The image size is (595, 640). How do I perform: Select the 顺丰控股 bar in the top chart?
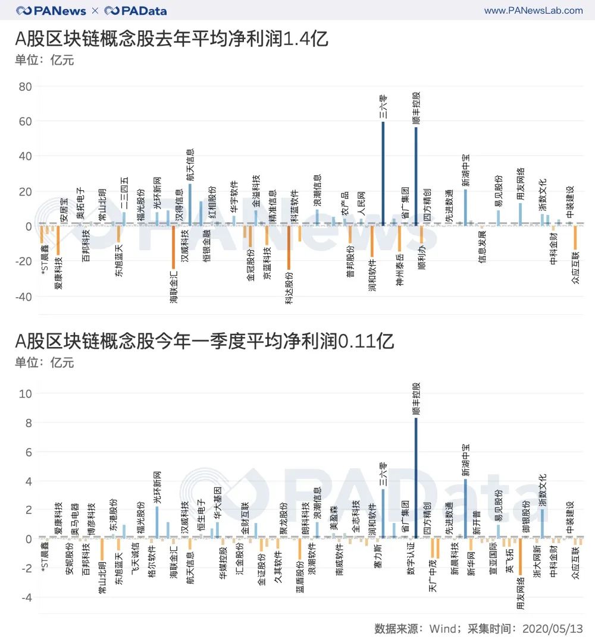(x=416, y=176)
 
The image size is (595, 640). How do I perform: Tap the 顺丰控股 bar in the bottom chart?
(x=416, y=478)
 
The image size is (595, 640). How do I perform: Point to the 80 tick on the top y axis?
(x=25, y=87)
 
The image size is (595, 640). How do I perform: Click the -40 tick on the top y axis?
(x=23, y=297)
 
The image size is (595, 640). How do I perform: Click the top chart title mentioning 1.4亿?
(x=172, y=40)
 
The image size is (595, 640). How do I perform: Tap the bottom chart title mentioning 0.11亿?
(x=205, y=342)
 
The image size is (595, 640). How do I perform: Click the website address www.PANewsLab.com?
(x=533, y=11)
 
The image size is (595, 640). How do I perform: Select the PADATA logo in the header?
(x=136, y=11)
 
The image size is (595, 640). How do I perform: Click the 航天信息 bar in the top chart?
(x=190, y=204)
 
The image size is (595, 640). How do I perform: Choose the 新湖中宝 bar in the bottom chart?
(x=465, y=509)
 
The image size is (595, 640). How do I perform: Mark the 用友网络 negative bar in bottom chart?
(x=520, y=557)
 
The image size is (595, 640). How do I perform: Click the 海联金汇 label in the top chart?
(x=173, y=286)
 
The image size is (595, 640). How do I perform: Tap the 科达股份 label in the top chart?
(x=289, y=288)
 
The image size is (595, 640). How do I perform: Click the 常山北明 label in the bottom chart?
(x=102, y=578)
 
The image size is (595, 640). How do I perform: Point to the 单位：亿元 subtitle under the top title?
(x=45, y=60)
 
